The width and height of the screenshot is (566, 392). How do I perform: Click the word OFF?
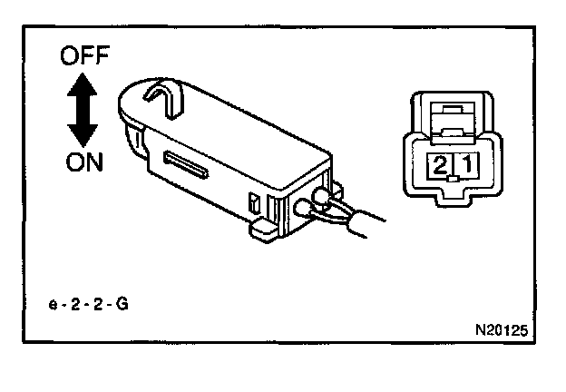click(x=84, y=57)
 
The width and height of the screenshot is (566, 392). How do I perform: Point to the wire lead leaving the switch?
click(x=363, y=222)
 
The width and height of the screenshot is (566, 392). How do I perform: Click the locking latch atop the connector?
click(x=451, y=114)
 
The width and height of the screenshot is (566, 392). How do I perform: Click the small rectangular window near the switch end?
click(x=255, y=201)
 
